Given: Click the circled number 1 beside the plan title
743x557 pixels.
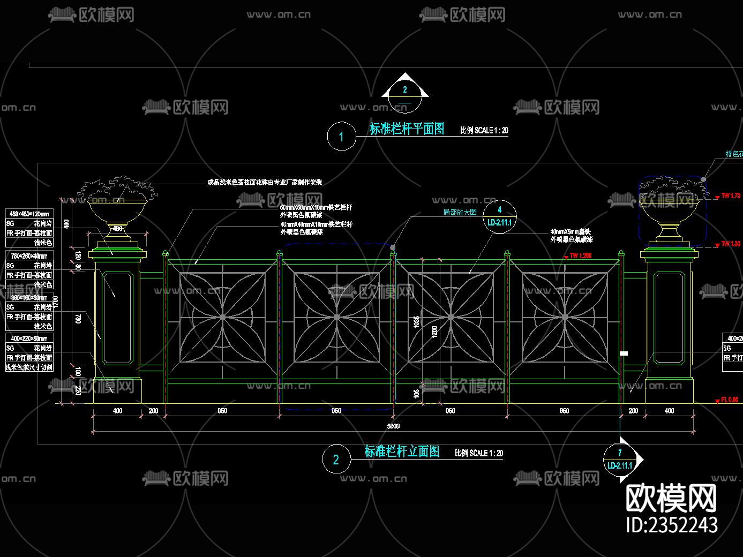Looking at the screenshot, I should (x=341, y=137).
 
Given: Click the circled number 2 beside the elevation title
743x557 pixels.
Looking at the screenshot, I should (x=336, y=460).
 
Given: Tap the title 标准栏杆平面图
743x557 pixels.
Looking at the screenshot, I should (x=407, y=129).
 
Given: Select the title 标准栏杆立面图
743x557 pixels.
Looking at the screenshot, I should (x=402, y=451).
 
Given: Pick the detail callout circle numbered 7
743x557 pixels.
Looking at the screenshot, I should (x=620, y=460).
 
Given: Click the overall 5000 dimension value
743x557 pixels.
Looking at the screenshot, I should (x=393, y=426).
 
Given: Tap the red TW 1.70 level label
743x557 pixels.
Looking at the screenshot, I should (x=731, y=195).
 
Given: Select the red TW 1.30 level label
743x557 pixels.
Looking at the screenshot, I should (x=731, y=244).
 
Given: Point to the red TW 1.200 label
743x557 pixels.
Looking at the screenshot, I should (x=581, y=255).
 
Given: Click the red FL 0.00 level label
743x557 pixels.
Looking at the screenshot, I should (x=730, y=400).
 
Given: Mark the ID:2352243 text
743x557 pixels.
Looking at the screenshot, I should (x=672, y=525).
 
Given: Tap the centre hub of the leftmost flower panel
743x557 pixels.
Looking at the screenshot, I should (x=222, y=318).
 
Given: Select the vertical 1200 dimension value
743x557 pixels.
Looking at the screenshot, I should (x=434, y=332).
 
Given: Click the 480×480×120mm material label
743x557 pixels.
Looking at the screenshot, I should (x=29, y=214).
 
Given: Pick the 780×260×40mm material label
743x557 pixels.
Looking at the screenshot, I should (x=29, y=256).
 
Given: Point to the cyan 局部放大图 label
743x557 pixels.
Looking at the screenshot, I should (x=460, y=212).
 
